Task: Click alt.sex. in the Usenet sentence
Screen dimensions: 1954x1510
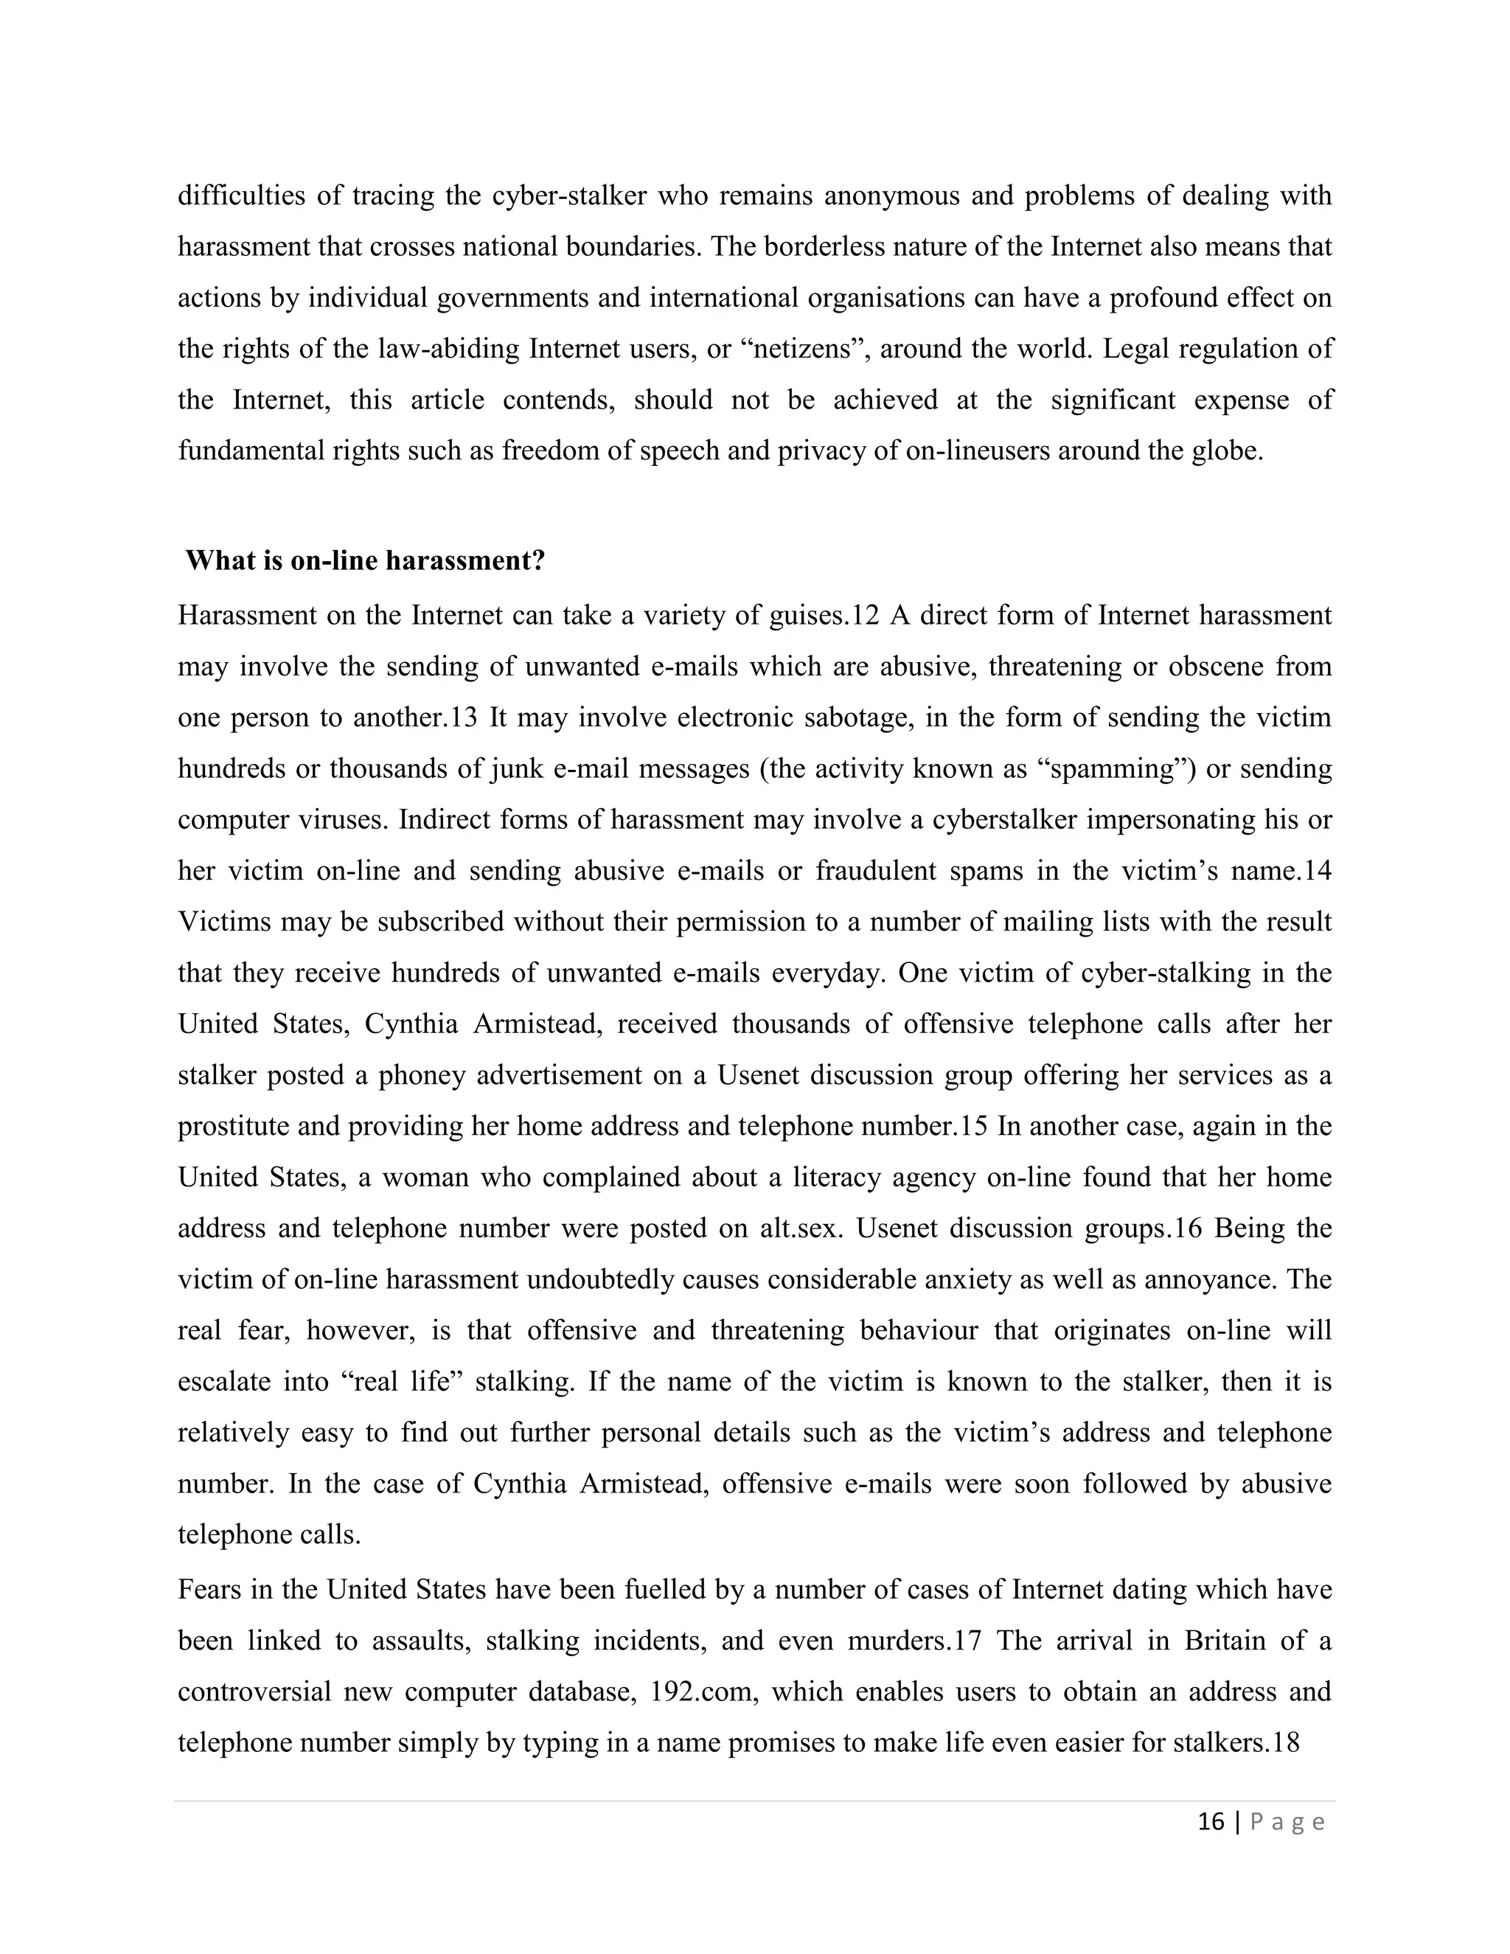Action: (801, 1228)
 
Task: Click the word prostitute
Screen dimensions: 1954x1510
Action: (234, 1125)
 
